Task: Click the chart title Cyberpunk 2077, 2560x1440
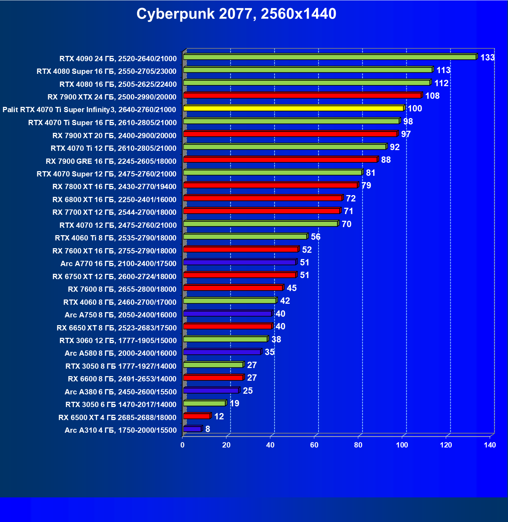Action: (236, 14)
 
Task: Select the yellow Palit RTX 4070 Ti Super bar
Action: (294, 108)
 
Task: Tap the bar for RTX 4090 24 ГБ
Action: (330, 57)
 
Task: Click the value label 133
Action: (487, 58)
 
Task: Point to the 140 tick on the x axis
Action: (490, 445)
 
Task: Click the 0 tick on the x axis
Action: (182, 445)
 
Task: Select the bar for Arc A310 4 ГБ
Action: (192, 429)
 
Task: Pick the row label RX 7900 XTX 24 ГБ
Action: (112, 97)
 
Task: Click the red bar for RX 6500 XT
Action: (197, 416)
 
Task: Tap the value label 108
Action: (432, 96)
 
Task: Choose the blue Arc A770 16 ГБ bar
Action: (240, 262)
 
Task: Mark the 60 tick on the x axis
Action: (314, 445)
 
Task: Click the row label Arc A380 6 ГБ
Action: (120, 392)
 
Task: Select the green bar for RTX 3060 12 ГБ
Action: (225, 339)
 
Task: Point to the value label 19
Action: (234, 404)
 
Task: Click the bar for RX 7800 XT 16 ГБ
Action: (270, 185)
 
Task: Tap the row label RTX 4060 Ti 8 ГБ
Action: (115, 238)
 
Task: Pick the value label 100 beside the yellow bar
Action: (415, 109)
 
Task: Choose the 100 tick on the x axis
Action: (402, 445)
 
